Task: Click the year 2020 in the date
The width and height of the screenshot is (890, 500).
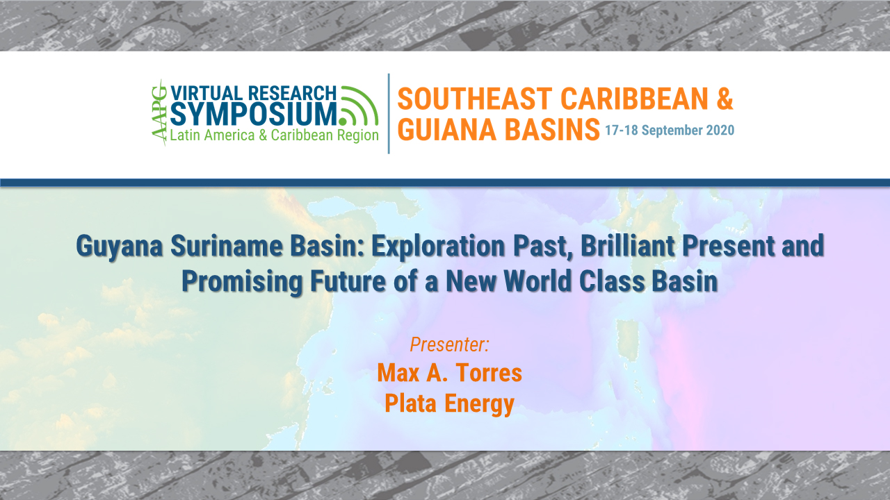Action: [720, 131]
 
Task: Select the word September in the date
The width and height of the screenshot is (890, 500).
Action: [673, 131]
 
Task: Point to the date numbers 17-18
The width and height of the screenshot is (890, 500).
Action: [622, 131]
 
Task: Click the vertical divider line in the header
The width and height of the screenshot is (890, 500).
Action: [388, 113]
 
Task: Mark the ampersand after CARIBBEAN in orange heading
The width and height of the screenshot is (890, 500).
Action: [724, 99]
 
